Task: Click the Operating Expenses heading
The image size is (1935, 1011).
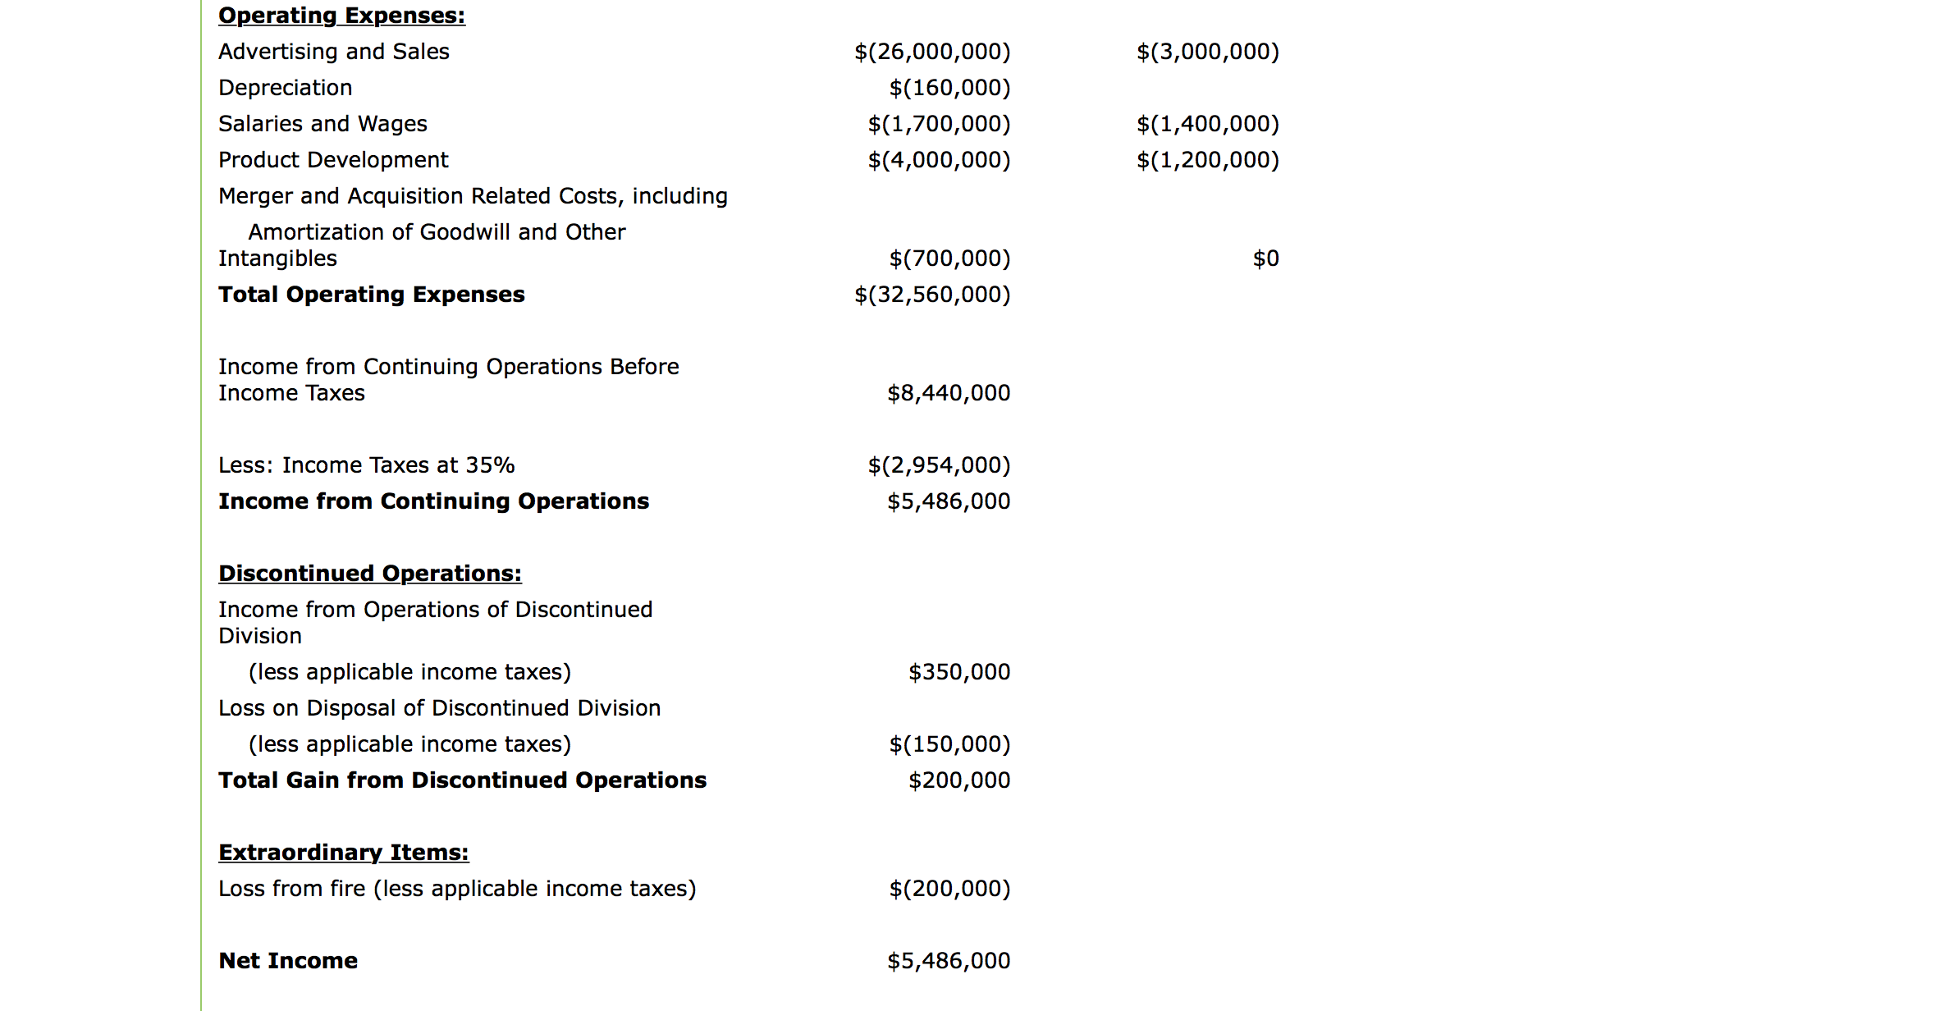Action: pos(341,16)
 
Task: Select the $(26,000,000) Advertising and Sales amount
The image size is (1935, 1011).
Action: pos(932,52)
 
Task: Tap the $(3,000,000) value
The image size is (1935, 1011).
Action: pos(1207,52)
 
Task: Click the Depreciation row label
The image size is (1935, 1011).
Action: pos(285,88)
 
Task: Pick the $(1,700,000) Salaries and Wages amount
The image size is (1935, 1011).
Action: pos(939,124)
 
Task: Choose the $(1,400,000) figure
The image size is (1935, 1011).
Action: pos(1207,124)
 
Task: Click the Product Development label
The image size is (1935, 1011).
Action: pos(333,160)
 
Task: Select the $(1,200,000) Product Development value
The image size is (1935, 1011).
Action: pos(1207,160)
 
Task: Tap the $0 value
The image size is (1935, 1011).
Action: pos(1265,258)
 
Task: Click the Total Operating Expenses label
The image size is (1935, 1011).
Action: pos(371,295)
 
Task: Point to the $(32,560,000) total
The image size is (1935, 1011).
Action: pos(932,295)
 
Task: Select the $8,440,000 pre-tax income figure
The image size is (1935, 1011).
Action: pos(949,393)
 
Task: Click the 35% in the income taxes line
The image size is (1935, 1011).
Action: pos(490,465)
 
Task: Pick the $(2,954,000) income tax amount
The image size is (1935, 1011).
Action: pos(939,465)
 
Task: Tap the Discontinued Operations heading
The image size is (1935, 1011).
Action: pos(369,574)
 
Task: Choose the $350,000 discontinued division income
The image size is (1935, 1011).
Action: pos(959,672)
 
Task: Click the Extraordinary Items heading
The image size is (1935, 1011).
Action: pos(343,853)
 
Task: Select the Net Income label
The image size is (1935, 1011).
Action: pos(288,961)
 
